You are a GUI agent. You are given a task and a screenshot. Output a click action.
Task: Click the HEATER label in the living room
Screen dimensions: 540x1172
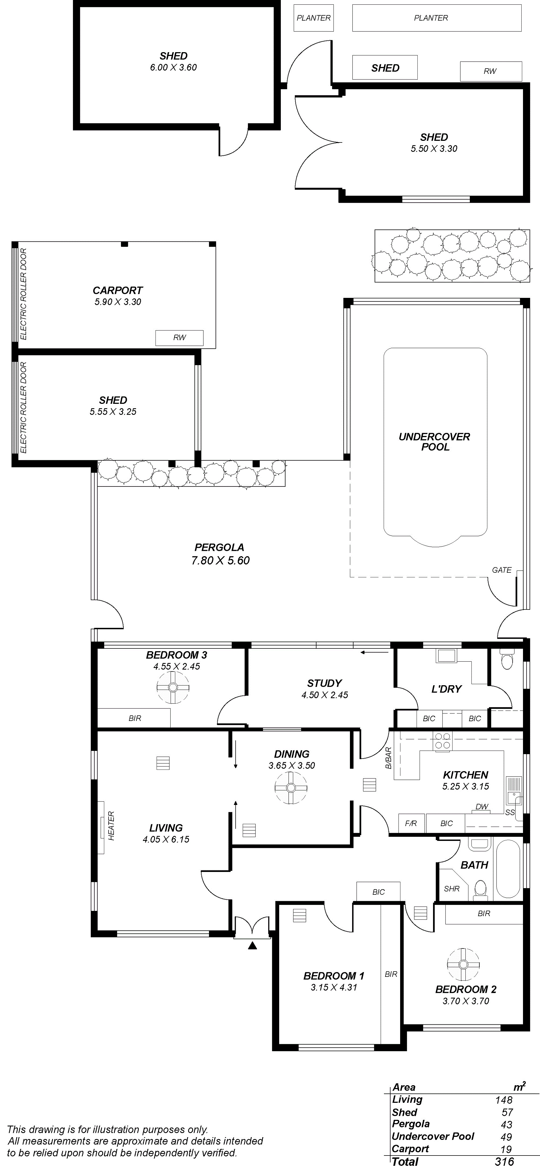pyautogui.click(x=111, y=825)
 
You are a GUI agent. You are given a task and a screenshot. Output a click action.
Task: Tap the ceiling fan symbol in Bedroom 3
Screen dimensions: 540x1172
pyautogui.click(x=173, y=687)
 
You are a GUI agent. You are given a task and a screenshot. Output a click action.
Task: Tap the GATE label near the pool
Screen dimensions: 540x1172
pyautogui.click(x=502, y=570)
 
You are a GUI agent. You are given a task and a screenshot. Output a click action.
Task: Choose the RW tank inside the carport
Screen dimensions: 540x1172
pyautogui.click(x=180, y=338)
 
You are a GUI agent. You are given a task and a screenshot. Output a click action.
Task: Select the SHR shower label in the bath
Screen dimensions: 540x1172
pyautogui.click(x=452, y=888)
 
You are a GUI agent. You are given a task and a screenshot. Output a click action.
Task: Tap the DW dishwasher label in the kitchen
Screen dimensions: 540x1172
pyautogui.click(x=482, y=807)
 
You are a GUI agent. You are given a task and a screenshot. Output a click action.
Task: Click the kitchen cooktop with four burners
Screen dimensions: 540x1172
pyautogui.click(x=442, y=741)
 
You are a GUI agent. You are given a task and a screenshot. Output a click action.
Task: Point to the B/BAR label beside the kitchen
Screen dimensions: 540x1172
pyautogui.click(x=388, y=758)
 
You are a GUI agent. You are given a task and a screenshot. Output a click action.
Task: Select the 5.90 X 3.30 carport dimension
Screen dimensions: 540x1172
pyautogui.click(x=118, y=302)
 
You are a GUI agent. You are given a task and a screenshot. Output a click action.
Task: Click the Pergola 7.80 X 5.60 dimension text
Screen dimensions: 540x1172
pyautogui.click(x=220, y=561)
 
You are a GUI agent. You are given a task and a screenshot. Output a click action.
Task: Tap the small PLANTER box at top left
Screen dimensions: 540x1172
pyautogui.click(x=314, y=18)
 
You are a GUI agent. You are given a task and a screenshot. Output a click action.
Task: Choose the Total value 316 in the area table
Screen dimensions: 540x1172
pyautogui.click(x=505, y=1161)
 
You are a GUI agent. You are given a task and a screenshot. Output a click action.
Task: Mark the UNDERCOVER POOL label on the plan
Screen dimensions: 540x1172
pyautogui.click(x=434, y=442)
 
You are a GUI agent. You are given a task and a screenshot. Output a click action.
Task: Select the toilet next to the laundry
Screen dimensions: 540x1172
pyautogui.click(x=506, y=658)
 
